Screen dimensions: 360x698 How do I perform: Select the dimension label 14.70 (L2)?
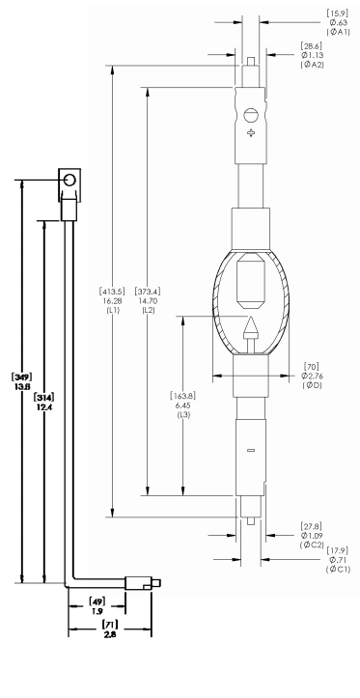pyautogui.click(x=148, y=300)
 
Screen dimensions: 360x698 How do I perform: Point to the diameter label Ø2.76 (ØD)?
pyautogui.click(x=312, y=376)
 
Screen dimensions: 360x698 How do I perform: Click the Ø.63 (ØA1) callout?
pyautogui.click(x=338, y=22)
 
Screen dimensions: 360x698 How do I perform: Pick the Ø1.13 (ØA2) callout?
pyautogui.click(x=312, y=55)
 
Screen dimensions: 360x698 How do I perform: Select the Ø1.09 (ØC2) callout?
pyautogui.click(x=312, y=535)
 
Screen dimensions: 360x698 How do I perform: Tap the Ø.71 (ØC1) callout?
pyautogui.click(x=338, y=560)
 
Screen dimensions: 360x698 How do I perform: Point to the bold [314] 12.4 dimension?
pyautogui.click(x=44, y=402)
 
